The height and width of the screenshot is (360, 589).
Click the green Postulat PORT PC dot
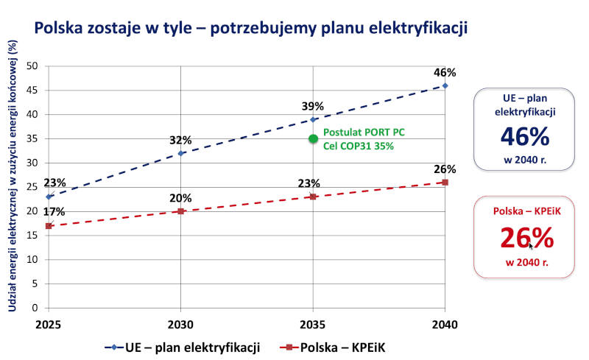[x=314, y=138]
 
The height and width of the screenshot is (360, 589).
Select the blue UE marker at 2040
[x=445, y=85]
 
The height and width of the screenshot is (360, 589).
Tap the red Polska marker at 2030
[x=180, y=211]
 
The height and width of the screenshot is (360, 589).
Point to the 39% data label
[x=312, y=106]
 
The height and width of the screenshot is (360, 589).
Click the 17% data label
[x=54, y=212]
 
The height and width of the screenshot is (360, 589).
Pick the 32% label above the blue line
[x=180, y=140]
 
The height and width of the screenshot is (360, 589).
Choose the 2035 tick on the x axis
[x=313, y=325]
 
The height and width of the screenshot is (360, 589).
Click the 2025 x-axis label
[x=49, y=325]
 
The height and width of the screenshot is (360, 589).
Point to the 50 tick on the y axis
[x=32, y=66]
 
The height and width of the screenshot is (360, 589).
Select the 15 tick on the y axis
[x=32, y=236]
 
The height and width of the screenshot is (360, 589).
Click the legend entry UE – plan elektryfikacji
[x=183, y=347]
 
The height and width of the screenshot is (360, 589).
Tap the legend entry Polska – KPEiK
[x=333, y=347]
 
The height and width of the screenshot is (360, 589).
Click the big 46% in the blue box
[x=525, y=136]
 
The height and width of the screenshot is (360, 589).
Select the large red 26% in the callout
[x=526, y=238]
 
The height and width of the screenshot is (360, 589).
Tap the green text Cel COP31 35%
[x=359, y=147]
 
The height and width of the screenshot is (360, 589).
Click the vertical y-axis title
[x=13, y=176]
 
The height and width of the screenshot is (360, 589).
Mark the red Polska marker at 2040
[x=445, y=183]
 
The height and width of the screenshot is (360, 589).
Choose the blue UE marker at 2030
[x=180, y=153]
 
